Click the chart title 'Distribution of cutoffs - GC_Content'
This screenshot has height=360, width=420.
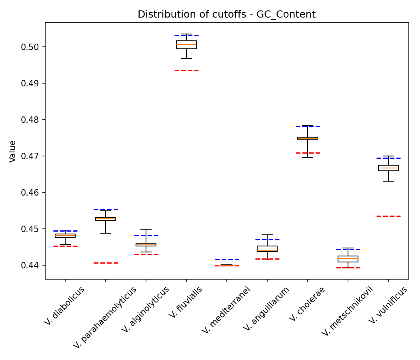226,14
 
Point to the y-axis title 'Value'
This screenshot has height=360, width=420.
13,151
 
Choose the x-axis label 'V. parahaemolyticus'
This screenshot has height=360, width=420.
105,318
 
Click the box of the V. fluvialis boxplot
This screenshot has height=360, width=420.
186,45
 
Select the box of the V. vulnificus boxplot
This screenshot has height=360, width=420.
388,168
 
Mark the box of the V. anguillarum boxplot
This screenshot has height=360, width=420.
267,249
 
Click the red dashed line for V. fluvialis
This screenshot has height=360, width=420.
186,70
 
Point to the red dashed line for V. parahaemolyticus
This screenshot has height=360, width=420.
106,263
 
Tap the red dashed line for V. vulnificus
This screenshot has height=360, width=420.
388,216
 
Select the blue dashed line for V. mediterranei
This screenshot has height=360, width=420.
227,259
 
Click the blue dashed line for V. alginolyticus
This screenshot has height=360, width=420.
146,235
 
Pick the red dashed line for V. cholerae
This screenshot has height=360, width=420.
308,153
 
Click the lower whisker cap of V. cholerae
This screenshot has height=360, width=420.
308,158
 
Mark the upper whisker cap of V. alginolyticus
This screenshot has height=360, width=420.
146,229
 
